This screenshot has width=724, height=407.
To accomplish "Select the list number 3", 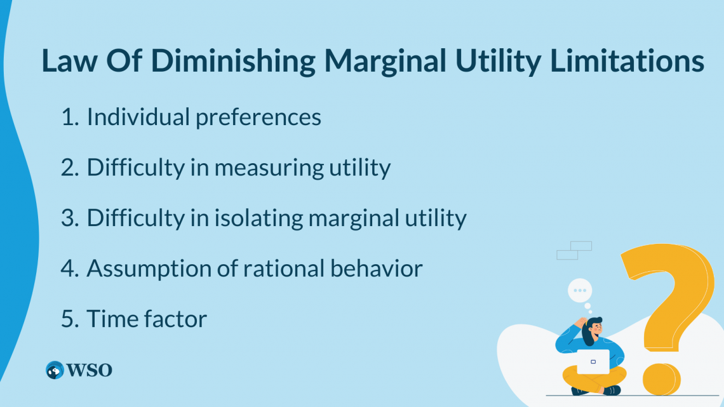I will (x=68, y=218).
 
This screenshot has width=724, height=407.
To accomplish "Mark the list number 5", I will (x=68, y=319).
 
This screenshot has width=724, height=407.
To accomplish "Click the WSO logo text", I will (x=90, y=370).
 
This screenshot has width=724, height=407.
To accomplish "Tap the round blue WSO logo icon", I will (x=55, y=370).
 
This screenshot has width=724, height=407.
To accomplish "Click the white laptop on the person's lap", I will (x=593, y=361).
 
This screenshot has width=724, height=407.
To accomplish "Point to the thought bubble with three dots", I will (x=579, y=291).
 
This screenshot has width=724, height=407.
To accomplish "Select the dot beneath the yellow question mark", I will (x=662, y=378).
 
